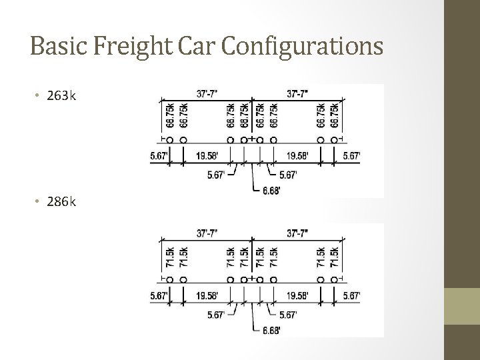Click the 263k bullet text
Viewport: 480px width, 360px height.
pos(61,96)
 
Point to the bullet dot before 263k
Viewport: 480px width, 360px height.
pos(37,96)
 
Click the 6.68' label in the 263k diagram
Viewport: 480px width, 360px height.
pos(272,191)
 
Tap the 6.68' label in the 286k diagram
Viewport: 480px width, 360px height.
pos(272,331)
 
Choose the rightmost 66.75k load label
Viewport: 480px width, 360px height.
pos(335,115)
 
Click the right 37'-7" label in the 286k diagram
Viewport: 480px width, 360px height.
pos(297,233)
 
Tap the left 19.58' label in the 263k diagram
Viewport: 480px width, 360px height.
pos(208,157)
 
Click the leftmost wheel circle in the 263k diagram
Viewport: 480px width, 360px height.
pos(169,140)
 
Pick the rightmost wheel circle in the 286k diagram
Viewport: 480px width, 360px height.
pos(335,280)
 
